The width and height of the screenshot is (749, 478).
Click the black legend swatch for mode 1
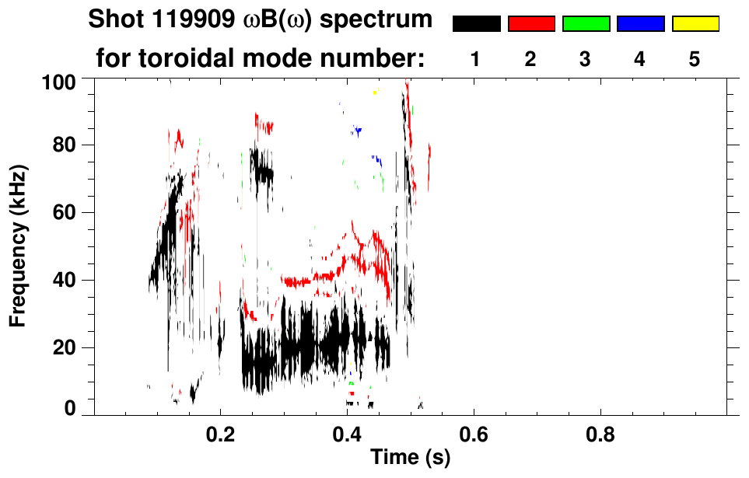point(477,24)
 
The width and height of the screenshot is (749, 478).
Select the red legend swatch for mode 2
point(531,24)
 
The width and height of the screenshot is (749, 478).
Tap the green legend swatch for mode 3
point(586,24)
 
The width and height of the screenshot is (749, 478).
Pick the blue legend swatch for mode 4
point(640,24)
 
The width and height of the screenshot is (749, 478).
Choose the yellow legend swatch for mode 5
point(695,24)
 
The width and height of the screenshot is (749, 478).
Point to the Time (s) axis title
point(410,458)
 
